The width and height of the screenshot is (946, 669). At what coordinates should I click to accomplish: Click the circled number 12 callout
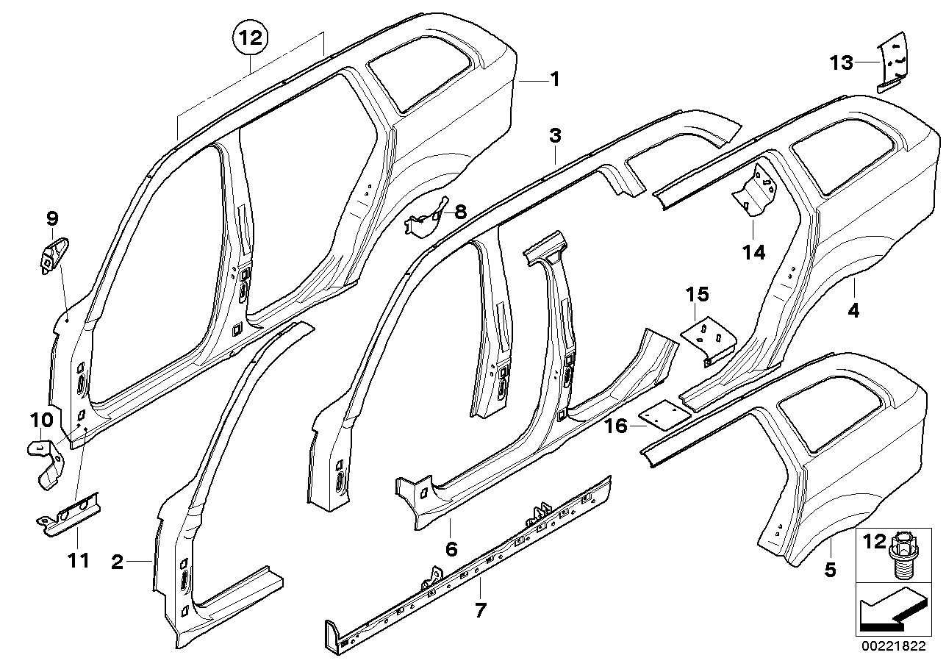point(251,40)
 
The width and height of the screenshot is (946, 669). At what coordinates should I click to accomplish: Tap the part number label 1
point(555,79)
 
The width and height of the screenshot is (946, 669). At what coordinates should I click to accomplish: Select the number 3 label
point(555,136)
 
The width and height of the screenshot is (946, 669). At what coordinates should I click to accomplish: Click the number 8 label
point(460,212)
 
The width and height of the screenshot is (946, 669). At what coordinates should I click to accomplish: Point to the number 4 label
point(853,311)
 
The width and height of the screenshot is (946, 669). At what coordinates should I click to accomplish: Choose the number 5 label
point(830,570)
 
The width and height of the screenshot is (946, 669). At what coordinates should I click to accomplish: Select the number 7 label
point(481,610)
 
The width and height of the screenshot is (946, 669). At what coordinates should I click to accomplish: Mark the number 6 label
point(451,548)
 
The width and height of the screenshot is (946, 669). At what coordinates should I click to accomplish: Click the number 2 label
point(118,564)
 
